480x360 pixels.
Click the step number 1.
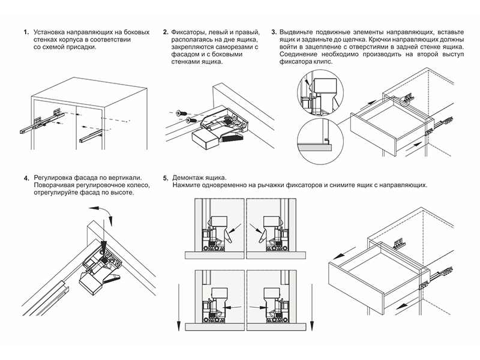click(x=26, y=32)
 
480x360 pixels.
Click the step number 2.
click(x=166, y=32)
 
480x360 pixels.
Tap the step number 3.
click(x=274, y=32)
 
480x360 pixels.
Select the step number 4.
click(x=26, y=178)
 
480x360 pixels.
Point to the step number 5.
click(x=166, y=178)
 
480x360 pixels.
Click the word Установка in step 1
click(x=49, y=32)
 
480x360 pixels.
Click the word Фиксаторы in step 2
click(x=187, y=32)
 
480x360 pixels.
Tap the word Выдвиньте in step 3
click(x=296, y=32)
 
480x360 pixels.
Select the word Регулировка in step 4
click(x=53, y=178)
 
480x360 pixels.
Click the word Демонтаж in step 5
click(x=187, y=178)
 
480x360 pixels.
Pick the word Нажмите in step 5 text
click(x=185, y=185)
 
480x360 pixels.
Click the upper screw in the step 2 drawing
click(x=181, y=113)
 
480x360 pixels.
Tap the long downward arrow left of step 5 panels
click(x=179, y=307)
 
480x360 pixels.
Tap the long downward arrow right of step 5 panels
click(x=311, y=307)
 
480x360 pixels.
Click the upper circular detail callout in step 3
click(x=320, y=92)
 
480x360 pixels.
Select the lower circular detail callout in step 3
click(x=320, y=142)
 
